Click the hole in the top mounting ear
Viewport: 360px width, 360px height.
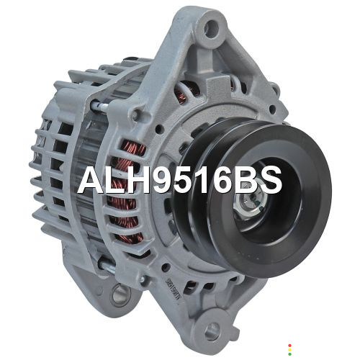[x=212, y=29]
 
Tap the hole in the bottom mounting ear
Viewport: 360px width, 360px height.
[x=212, y=331]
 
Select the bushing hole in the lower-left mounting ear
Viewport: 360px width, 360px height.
[x=120, y=294]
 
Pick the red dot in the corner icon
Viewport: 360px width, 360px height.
[x=290, y=346]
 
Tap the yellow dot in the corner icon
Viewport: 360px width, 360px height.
[x=290, y=350]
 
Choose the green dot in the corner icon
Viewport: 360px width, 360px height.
[x=290, y=354]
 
